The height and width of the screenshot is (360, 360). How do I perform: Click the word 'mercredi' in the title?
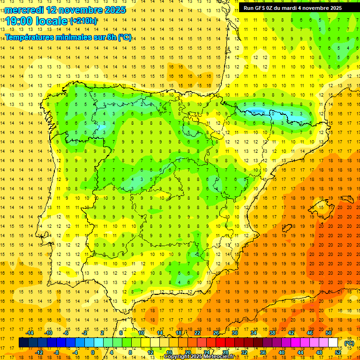(x=24, y=10)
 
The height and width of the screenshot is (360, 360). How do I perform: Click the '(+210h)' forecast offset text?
(x=83, y=21)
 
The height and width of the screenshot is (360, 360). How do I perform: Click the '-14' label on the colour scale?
(x=30, y=333)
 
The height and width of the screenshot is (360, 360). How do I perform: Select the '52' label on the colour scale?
(x=338, y=352)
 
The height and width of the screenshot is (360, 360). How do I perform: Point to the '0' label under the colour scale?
(x=93, y=352)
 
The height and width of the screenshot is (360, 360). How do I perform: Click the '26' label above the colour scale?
(x=216, y=333)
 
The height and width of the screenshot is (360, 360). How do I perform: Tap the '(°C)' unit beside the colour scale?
(x=349, y=343)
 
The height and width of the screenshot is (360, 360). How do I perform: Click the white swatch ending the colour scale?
(x=333, y=343)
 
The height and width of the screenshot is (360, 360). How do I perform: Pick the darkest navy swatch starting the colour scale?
(x=23, y=343)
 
